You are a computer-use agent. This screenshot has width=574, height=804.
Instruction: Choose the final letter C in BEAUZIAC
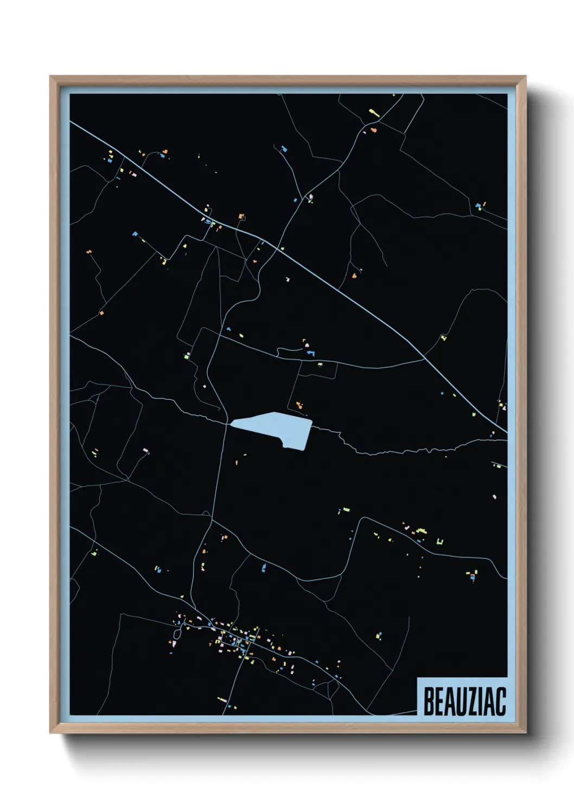click(501, 701)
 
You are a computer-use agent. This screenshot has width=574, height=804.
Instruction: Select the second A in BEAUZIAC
click(492, 701)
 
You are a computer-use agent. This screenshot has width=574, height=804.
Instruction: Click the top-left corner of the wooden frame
click(51, 77)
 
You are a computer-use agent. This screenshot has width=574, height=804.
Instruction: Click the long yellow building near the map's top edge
click(373, 112)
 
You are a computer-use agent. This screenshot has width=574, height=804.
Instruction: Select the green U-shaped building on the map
click(440, 541)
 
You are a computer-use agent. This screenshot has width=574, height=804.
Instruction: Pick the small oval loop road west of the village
click(177, 633)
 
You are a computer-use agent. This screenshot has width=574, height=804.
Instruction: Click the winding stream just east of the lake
click(347, 443)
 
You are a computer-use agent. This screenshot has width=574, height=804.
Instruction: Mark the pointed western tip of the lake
click(232, 423)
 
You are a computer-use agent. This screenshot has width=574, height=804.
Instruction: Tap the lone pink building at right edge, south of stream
click(494, 497)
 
